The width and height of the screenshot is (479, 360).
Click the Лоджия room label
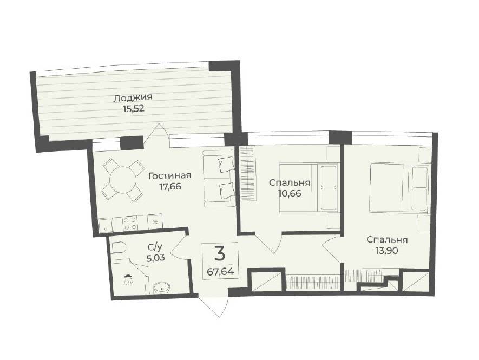[133, 99]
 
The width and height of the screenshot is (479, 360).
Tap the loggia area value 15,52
[133, 109]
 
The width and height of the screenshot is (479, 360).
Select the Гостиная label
[169, 176]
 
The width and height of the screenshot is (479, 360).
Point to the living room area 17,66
[170, 186]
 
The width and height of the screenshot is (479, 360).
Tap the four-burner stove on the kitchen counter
[130, 223]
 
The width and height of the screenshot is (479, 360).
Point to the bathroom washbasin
[161, 287]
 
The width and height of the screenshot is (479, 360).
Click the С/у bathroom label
[155, 247]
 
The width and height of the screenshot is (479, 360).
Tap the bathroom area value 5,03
[155, 257]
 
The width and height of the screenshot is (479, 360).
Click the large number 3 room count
[220, 253]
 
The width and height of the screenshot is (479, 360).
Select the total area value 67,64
[220, 271]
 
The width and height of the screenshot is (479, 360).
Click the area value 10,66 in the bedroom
[289, 193]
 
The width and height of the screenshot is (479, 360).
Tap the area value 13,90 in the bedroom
[387, 250]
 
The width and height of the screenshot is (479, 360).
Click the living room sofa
[219, 179]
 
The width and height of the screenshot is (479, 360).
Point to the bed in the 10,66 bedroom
[309, 188]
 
